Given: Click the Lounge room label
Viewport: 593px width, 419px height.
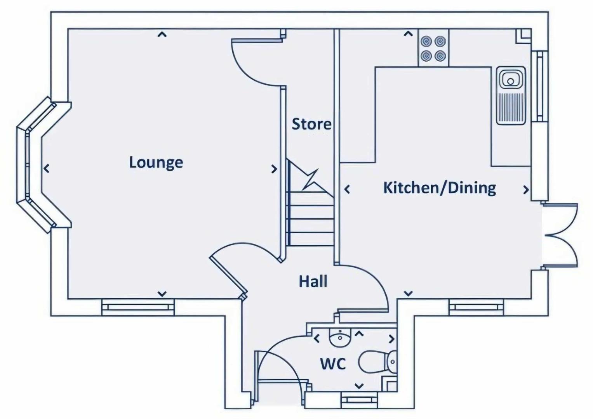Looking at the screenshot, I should pyautogui.click(x=156, y=162).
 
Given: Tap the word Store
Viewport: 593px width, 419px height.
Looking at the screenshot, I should pyautogui.click(x=311, y=124).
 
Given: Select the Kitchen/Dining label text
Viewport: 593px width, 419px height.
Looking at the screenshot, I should pyautogui.click(x=439, y=188).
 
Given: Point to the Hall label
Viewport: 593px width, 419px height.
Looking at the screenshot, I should pyautogui.click(x=313, y=281).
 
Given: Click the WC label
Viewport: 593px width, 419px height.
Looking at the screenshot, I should pyautogui.click(x=333, y=364).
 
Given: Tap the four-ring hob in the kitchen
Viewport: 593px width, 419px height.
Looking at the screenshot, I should pyautogui.click(x=433, y=48).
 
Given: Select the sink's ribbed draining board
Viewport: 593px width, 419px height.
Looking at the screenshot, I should pyautogui.click(x=511, y=107).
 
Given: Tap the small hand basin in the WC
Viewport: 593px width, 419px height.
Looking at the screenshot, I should pyautogui.click(x=339, y=338).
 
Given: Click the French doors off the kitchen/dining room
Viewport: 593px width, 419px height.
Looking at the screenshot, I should pyautogui.click(x=561, y=235).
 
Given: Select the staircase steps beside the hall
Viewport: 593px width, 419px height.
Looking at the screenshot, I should pyautogui.click(x=311, y=225).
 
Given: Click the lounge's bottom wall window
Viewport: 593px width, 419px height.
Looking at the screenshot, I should pyautogui.click(x=138, y=307).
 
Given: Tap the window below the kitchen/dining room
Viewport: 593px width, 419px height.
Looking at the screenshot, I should pyautogui.click(x=476, y=307).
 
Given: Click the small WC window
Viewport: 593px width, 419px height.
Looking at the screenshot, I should pyautogui.click(x=359, y=399).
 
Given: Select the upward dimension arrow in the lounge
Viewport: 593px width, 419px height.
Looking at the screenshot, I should pyautogui.click(x=162, y=35).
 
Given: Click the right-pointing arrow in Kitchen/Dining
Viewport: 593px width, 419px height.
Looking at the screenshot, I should pyautogui.click(x=526, y=190).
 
